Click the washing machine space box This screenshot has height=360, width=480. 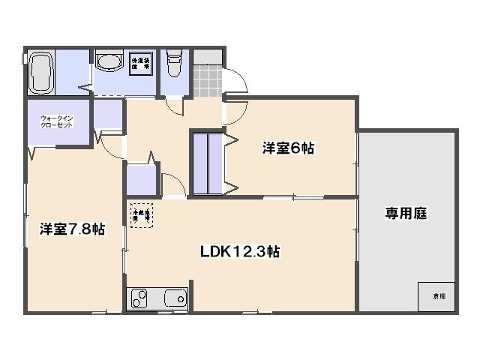(x=140, y=63)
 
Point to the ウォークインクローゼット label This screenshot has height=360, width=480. (x=57, y=121)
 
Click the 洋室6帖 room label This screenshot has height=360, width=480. (x=287, y=148)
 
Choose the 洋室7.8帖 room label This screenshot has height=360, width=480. (x=72, y=229)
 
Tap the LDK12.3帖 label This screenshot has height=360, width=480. (x=240, y=252)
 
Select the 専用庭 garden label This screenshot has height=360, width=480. (x=406, y=213)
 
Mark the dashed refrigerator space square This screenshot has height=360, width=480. (x=141, y=214)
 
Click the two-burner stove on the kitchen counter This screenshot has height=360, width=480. (x=139, y=298)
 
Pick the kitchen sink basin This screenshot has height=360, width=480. (x=175, y=298)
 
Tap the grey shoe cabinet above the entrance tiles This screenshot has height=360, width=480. (x=208, y=57)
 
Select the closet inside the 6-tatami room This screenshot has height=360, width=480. (x=208, y=163)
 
